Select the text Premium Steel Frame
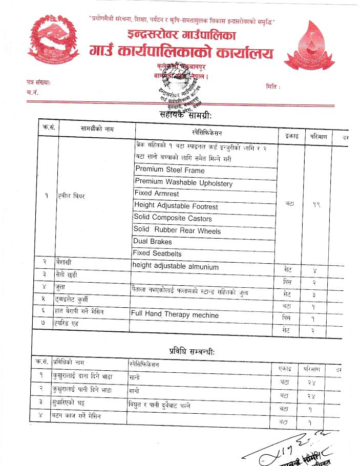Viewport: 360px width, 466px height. [170, 170]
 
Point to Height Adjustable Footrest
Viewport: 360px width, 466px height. [176, 206]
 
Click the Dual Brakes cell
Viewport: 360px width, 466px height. [153, 241]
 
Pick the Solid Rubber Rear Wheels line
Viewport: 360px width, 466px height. [177, 230]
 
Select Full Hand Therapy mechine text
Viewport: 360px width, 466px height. [175, 315]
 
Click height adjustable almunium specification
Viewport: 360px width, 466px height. [176, 266]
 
